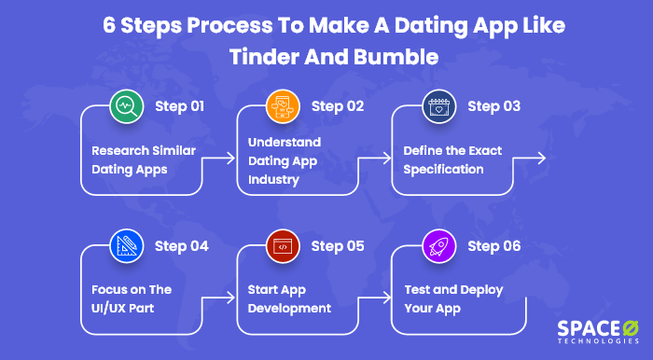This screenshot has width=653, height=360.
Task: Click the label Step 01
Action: (179, 106)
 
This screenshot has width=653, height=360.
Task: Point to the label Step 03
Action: (495, 106)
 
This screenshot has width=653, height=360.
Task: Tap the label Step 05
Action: (338, 246)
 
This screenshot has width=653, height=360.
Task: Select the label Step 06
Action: (495, 246)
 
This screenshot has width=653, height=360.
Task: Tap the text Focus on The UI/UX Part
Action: (132, 298)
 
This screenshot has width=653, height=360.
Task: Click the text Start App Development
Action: (289, 298)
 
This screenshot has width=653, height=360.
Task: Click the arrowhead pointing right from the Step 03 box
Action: (541, 159)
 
